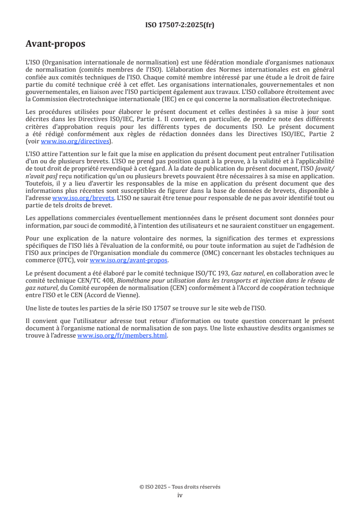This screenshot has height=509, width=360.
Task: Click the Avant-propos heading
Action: click(55, 44)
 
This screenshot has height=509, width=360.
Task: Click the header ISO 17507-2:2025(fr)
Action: click(180, 25)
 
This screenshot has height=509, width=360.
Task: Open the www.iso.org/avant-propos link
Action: click(128, 260)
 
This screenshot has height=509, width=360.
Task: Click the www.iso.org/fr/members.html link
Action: click(123, 336)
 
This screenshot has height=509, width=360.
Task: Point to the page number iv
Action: click(180, 495)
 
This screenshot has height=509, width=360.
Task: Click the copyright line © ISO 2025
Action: click(180, 487)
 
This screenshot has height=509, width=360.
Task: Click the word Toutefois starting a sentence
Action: click(40, 184)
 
